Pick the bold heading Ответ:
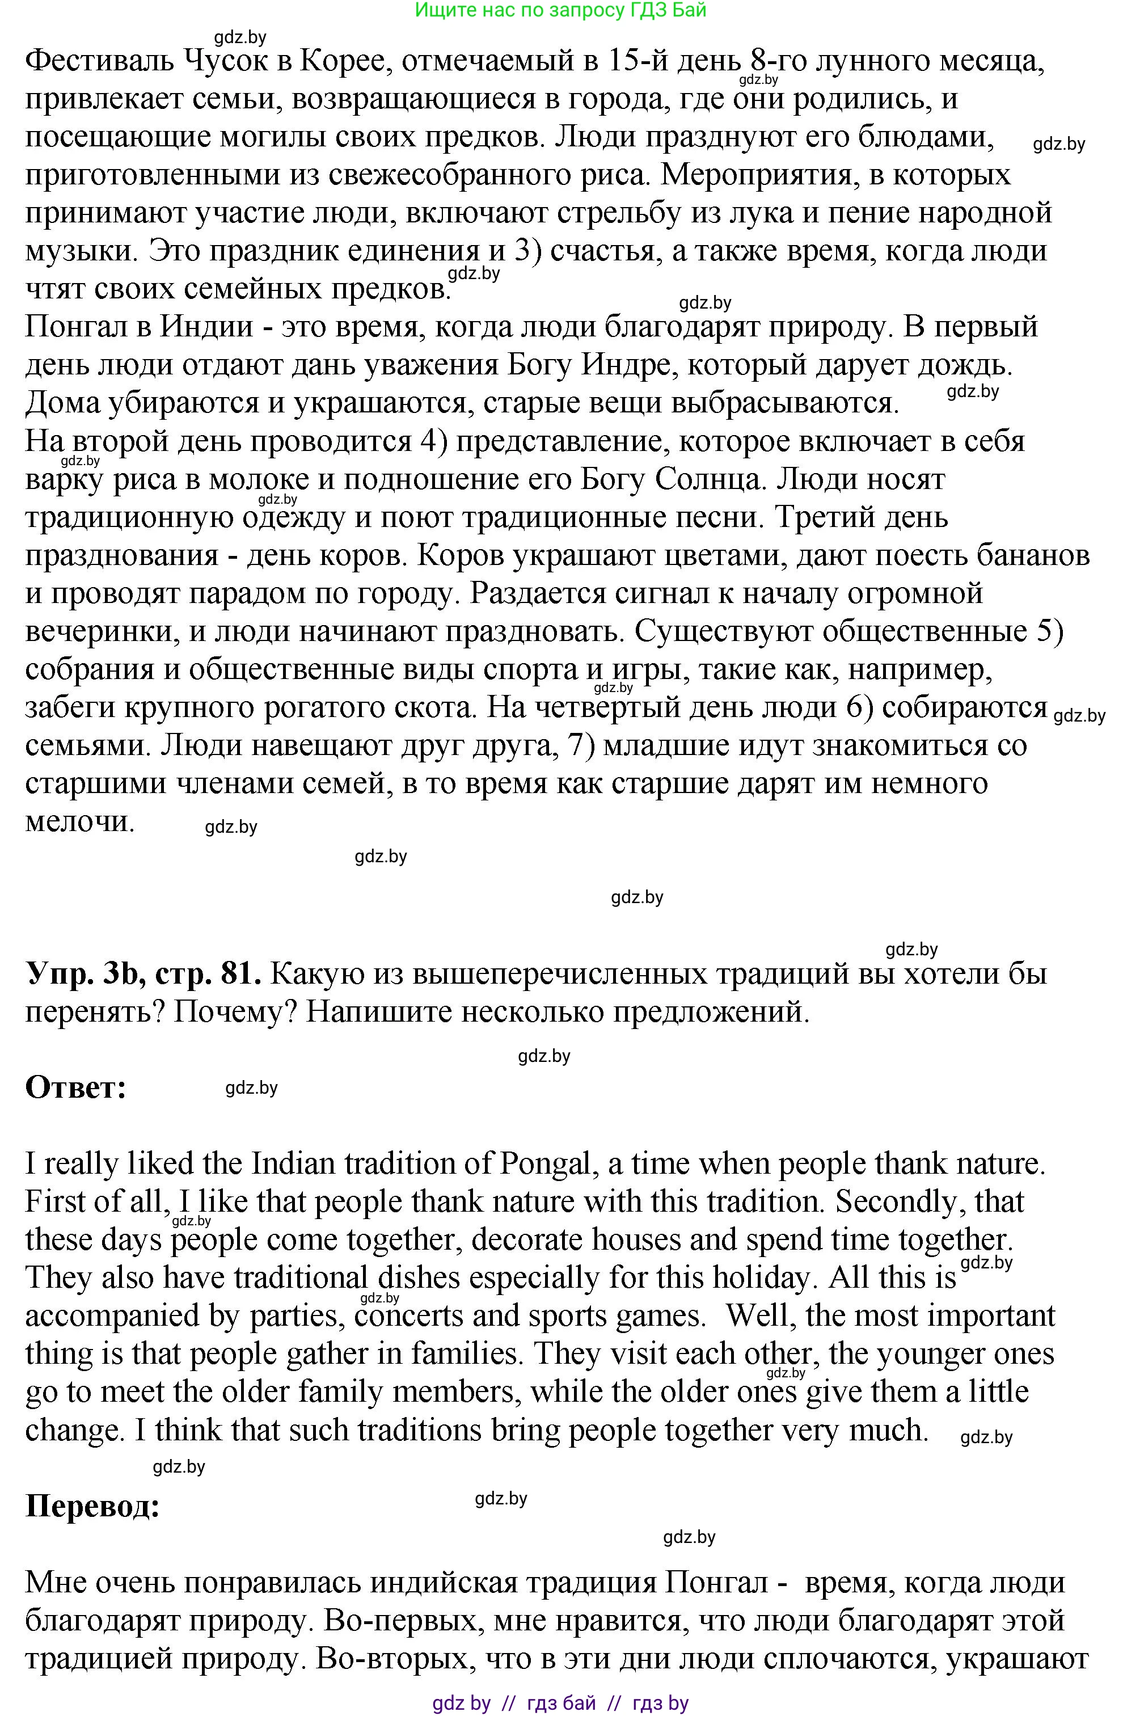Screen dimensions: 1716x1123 click(x=75, y=1086)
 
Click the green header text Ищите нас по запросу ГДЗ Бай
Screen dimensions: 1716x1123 click(x=561, y=10)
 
